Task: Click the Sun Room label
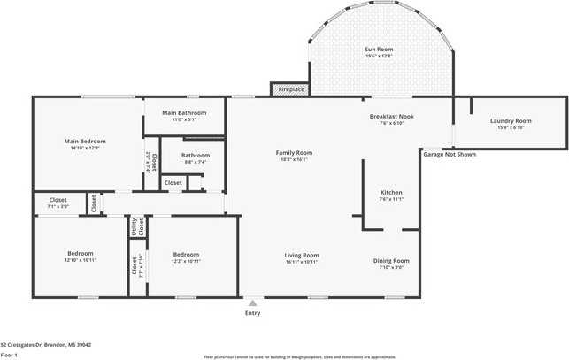tap(379, 50)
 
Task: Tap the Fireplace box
tap(291, 89)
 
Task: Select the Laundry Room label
tap(511, 120)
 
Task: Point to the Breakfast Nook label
tap(391, 117)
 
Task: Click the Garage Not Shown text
tap(449, 154)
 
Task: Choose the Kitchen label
tap(391, 192)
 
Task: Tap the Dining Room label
tap(391, 260)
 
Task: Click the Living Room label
tap(302, 255)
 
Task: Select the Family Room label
tap(295, 153)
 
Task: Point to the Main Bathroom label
tap(185, 113)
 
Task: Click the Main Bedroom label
tap(85, 142)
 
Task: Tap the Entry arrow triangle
tap(253, 303)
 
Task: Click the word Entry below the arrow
tap(253, 313)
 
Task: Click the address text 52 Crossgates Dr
tap(46, 345)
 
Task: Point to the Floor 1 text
tap(12, 355)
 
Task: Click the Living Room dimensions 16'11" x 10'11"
tap(302, 262)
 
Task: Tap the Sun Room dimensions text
tap(379, 56)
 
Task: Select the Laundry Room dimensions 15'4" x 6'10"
tap(511, 127)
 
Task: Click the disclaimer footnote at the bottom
tap(299, 356)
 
